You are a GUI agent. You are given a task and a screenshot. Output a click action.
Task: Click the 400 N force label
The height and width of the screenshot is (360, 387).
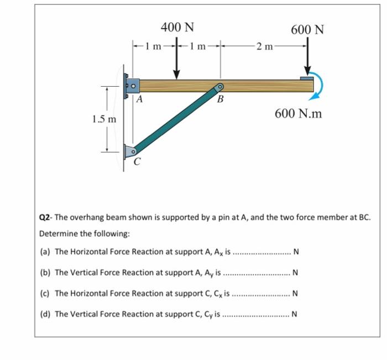pyautogui.click(x=177, y=27)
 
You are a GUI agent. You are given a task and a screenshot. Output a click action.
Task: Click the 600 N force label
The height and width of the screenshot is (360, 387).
pyautogui.click(x=307, y=29)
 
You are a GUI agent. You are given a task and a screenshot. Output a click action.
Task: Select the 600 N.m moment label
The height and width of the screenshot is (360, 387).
pyautogui.click(x=299, y=114)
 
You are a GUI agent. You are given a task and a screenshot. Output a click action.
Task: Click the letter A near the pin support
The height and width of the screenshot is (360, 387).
pyautogui.click(x=139, y=100)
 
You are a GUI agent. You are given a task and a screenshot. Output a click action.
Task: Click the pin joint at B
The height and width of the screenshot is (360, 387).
pyautogui.click(x=220, y=87)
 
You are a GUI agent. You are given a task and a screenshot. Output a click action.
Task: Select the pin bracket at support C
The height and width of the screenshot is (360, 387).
pyautogui.click(x=129, y=150)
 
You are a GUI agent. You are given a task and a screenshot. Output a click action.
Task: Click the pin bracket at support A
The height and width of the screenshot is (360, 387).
pyautogui.click(x=132, y=86)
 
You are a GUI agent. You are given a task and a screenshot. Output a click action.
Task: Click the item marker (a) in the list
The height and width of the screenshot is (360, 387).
pyautogui.click(x=46, y=252)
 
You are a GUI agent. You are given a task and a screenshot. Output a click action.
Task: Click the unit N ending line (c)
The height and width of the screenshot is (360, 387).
pyautogui.click(x=295, y=293)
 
